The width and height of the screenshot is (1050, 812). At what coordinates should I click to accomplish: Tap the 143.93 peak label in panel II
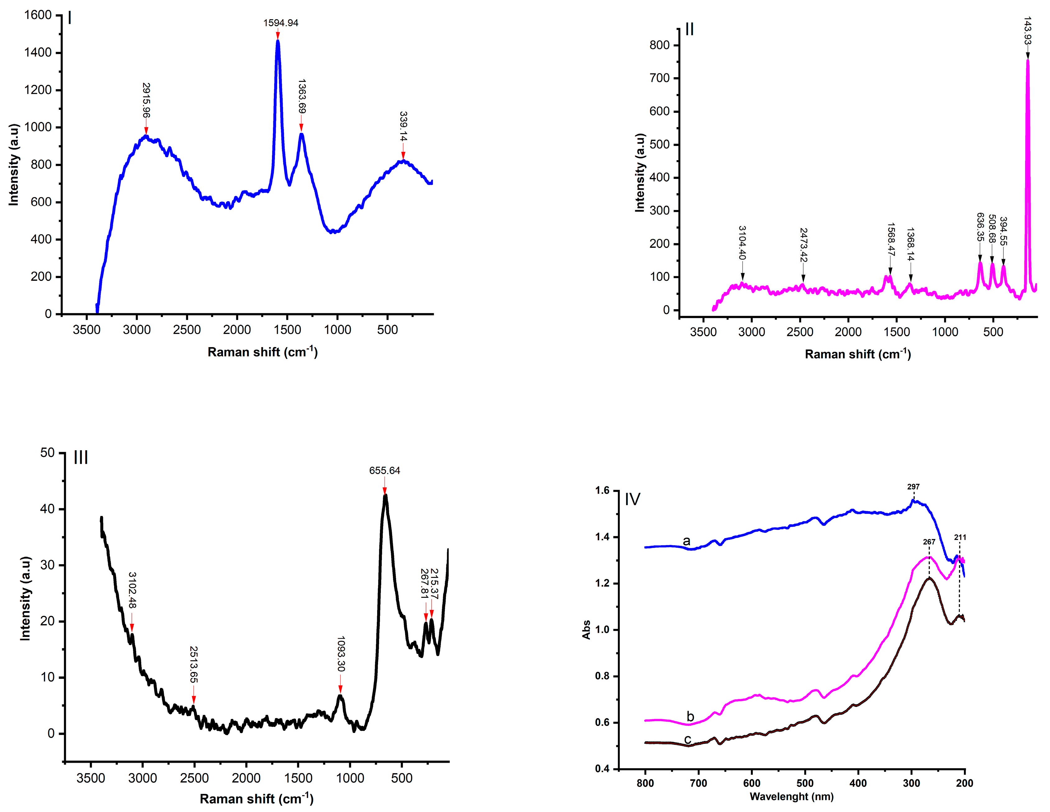pyautogui.click(x=1027, y=30)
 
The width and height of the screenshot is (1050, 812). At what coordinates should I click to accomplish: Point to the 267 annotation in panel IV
pyautogui.click(x=929, y=542)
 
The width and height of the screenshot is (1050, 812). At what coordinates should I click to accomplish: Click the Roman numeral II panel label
pyautogui.click(x=689, y=30)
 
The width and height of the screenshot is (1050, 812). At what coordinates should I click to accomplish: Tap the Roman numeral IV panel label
pyautogui.click(x=632, y=499)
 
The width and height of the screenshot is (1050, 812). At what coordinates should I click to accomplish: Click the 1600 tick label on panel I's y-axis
pyautogui.click(x=38, y=15)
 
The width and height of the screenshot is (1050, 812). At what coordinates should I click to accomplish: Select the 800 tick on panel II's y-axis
pyautogui.click(x=659, y=45)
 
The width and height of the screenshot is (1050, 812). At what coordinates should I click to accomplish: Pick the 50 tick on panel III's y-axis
pyautogui.click(x=47, y=452)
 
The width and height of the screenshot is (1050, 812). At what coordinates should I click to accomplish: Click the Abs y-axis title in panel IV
pyautogui.click(x=586, y=629)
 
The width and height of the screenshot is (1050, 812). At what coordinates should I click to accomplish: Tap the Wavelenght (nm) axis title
pyautogui.click(x=791, y=796)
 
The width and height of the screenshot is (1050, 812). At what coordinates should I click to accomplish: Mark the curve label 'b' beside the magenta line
pyautogui.click(x=690, y=716)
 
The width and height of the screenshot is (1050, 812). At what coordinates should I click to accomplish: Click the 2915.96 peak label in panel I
pyautogui.click(x=146, y=100)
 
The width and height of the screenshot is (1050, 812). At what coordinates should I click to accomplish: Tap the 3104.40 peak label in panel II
pyautogui.click(x=742, y=243)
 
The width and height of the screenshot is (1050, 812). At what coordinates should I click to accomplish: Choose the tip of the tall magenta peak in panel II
pyautogui.click(x=1027, y=60)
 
